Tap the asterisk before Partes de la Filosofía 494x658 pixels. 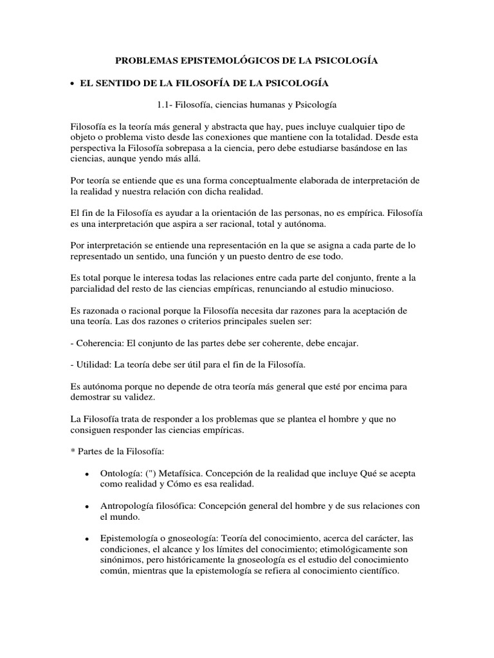pos(73,451)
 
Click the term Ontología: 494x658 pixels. pos(122,473)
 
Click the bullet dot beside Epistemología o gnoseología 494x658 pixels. pos(86,540)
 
